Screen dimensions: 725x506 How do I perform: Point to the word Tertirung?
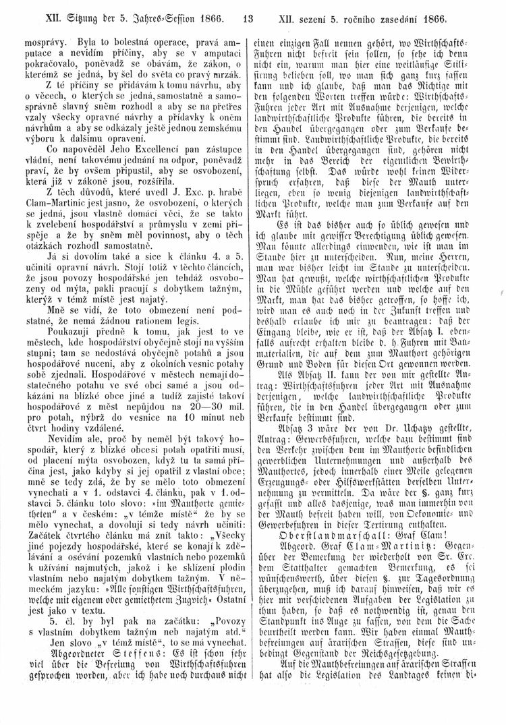pyautogui.click(x=383, y=564)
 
